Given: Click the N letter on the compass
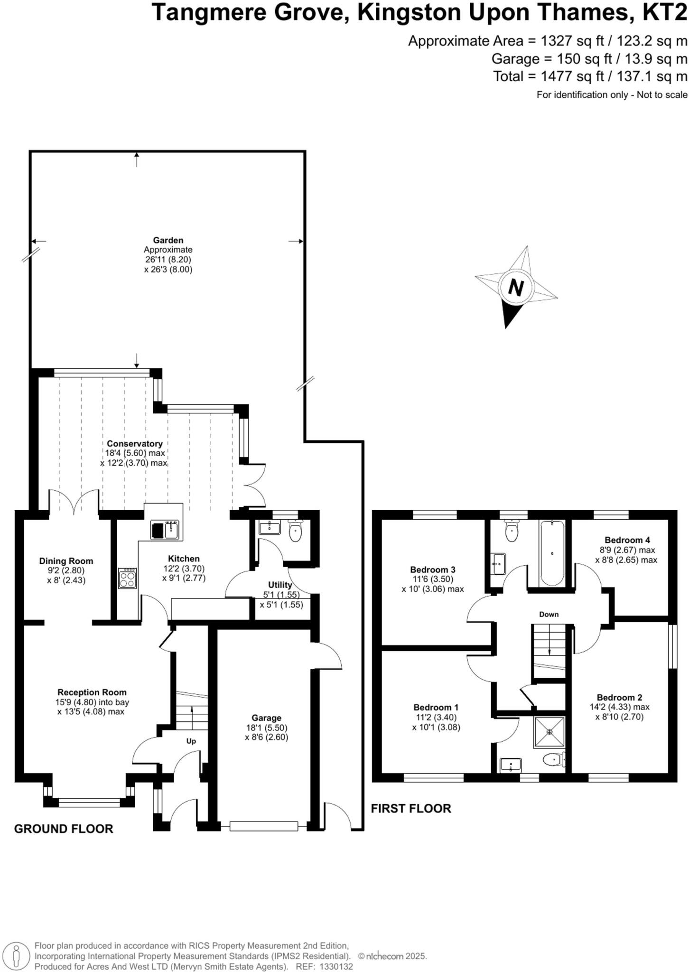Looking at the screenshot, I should click(x=516, y=288).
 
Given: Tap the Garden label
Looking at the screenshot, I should click(x=168, y=240).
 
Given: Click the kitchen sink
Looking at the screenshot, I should click(x=165, y=530).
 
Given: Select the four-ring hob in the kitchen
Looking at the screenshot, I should click(x=127, y=579).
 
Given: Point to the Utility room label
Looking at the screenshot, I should click(x=280, y=585).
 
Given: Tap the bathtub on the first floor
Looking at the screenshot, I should click(x=552, y=553).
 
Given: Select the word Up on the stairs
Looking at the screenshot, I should click(x=191, y=741).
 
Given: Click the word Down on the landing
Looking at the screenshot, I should click(x=549, y=614).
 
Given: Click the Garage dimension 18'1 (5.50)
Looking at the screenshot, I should click(x=266, y=728).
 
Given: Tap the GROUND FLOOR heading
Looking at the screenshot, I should click(x=64, y=829).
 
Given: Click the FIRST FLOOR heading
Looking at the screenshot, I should click(x=410, y=808).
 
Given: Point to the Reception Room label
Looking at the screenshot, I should click(x=92, y=692).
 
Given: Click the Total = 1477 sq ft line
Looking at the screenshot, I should click(x=590, y=76).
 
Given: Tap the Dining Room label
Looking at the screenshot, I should click(x=66, y=561).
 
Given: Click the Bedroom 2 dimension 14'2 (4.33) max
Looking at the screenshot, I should click(x=619, y=707).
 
